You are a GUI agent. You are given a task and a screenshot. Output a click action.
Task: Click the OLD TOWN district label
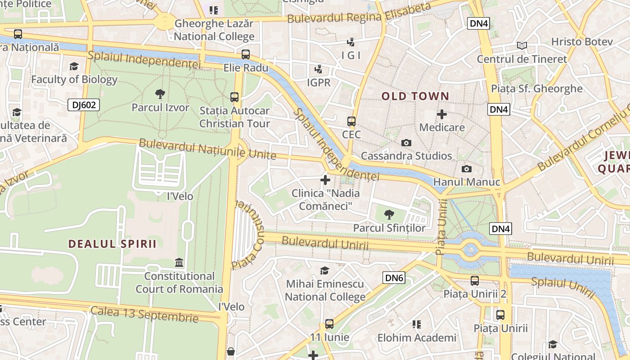click(x=415, y=96)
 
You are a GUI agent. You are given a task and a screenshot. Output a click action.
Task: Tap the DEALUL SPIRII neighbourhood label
click(x=112, y=244)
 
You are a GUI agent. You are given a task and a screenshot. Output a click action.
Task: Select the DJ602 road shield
click(x=83, y=105)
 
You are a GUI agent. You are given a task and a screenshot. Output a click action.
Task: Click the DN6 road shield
click(x=394, y=278)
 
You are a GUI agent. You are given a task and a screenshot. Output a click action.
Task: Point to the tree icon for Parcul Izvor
click(x=160, y=94)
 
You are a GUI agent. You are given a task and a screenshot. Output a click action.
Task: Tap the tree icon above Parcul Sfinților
click(x=389, y=215)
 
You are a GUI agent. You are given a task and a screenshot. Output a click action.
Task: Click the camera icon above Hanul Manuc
click(x=467, y=169)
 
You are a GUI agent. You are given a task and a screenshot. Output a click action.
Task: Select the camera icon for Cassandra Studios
click(x=406, y=143)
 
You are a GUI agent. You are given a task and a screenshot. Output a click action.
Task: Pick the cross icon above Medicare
click(x=442, y=114)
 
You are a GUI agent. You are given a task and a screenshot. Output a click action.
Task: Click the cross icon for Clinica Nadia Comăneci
click(x=325, y=180)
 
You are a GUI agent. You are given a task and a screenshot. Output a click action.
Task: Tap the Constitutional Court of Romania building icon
click(x=179, y=262)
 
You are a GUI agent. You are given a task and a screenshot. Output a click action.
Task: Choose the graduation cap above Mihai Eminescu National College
click(x=324, y=270)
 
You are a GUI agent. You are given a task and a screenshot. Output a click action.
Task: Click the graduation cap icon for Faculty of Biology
click(x=74, y=67)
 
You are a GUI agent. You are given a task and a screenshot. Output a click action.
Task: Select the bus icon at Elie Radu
click(x=246, y=54)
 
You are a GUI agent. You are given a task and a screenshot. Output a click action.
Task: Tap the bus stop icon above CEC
click(x=351, y=121)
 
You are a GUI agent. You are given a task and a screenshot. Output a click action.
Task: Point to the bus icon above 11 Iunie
click(x=329, y=324)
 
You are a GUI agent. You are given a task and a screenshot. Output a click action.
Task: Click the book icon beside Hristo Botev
click(x=522, y=45)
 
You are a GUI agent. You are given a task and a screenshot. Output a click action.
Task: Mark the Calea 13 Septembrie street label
click(x=144, y=314)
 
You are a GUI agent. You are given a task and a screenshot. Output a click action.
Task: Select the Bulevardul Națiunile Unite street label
click(x=207, y=149)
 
